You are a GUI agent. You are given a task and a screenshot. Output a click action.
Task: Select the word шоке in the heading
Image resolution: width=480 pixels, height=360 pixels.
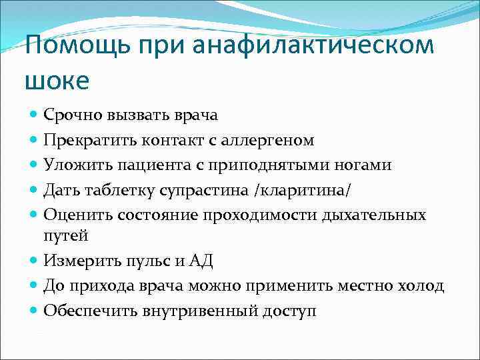point(57,81)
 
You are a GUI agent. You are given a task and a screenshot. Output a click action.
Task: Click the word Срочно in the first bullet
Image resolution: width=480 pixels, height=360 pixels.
point(71,115)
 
